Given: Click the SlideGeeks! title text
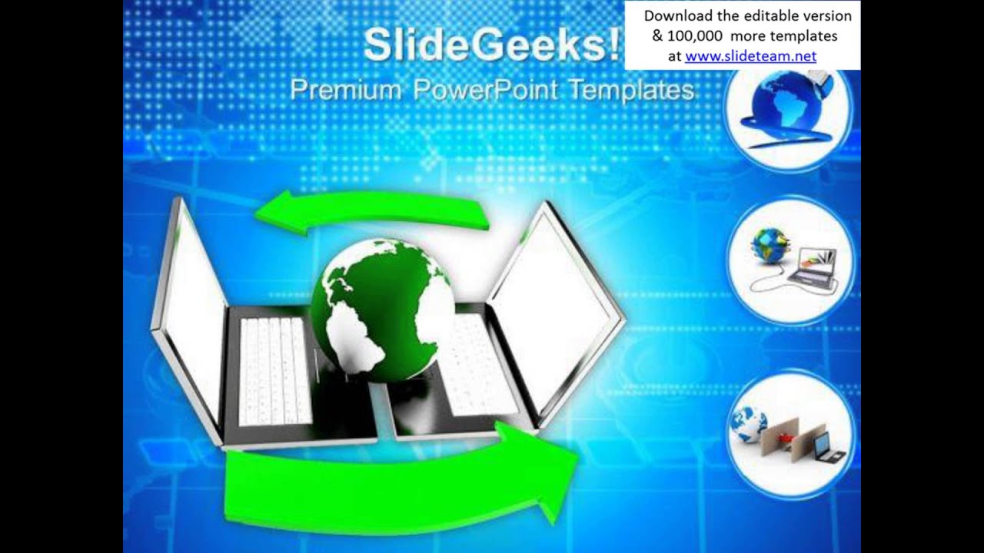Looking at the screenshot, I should pos(492,45).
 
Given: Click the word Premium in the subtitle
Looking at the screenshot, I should pos(345,90).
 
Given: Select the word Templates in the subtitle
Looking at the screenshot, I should pos(632,91).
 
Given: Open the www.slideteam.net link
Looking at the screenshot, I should pos(750,56).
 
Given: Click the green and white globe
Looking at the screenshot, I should pos(381,307).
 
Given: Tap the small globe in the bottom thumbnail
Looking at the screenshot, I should pos(749,425).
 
